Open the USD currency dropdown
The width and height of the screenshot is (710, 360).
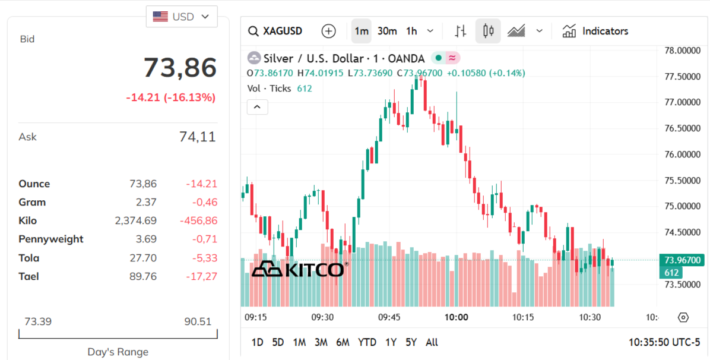[x=182, y=17]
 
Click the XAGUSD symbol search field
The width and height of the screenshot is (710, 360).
[x=275, y=31]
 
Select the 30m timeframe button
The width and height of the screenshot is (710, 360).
[x=387, y=31]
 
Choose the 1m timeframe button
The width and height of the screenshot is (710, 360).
[x=361, y=31]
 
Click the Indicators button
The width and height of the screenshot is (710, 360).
[x=595, y=31]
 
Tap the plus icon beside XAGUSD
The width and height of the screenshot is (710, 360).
[x=328, y=31]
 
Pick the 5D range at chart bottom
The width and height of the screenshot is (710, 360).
[x=278, y=342]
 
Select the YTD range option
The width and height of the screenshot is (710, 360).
[x=367, y=342]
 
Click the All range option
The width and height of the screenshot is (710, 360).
[x=432, y=342]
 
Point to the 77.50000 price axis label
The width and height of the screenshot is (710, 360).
[x=681, y=77]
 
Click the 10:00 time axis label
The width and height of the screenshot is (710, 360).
[x=456, y=317]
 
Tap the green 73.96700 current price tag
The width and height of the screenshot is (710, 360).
[x=683, y=260]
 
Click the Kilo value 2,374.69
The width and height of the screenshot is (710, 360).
[x=136, y=221]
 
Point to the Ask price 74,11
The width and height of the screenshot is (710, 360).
[x=197, y=137]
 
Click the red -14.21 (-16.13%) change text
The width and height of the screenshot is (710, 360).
[x=170, y=97]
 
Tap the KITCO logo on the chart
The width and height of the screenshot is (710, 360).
[x=298, y=269]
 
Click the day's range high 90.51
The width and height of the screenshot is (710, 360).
[x=197, y=322]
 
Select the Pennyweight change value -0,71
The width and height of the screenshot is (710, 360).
[x=205, y=239]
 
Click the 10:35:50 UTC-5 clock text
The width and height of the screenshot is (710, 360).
[x=664, y=342]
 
